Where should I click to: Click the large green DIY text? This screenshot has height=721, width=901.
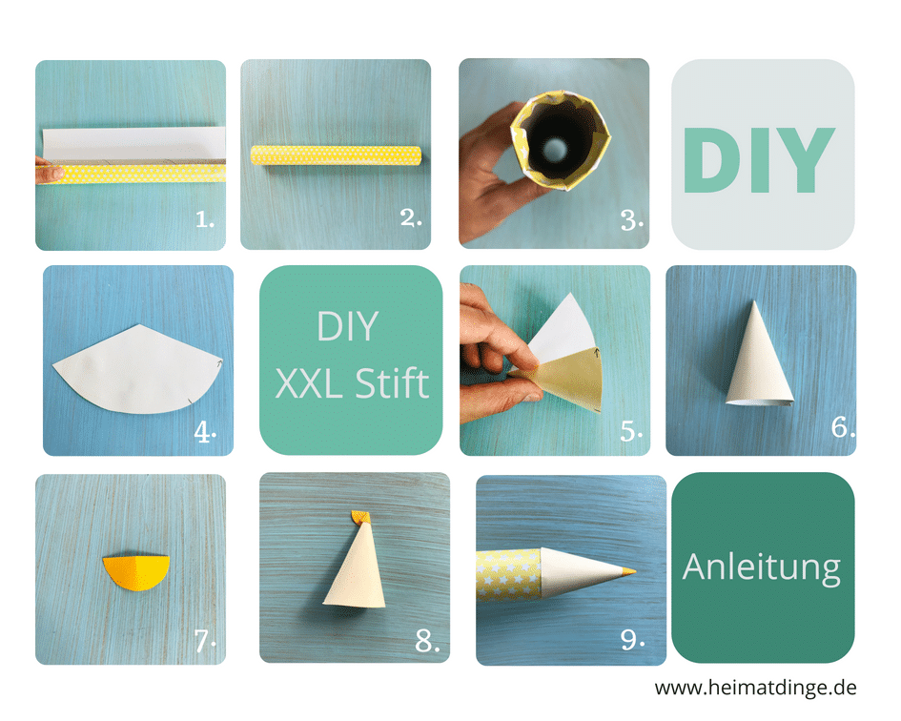(x=759, y=160)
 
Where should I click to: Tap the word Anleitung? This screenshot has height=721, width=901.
(x=762, y=568)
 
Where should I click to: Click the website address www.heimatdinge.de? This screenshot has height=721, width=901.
(x=755, y=687)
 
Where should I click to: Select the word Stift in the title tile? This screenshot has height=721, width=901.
(x=392, y=383)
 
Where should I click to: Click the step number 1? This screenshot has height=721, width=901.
(x=205, y=219)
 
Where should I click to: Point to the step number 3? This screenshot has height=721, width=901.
(x=631, y=219)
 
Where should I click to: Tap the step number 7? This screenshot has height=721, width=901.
(x=205, y=641)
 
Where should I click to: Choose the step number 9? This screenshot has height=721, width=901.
(x=633, y=639)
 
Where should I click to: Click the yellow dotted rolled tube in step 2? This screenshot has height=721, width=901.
(x=337, y=155)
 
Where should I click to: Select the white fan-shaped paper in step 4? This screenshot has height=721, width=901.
(x=138, y=369)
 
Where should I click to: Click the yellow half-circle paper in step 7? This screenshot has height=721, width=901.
(x=136, y=571)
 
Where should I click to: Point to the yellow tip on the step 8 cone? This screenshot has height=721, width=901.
(x=359, y=518)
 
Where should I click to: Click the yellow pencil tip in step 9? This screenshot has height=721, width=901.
(x=627, y=571)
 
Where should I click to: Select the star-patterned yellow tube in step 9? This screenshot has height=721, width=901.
(x=509, y=574)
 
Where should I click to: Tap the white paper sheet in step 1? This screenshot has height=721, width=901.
(x=134, y=144)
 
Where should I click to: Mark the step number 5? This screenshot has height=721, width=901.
(x=631, y=431)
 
